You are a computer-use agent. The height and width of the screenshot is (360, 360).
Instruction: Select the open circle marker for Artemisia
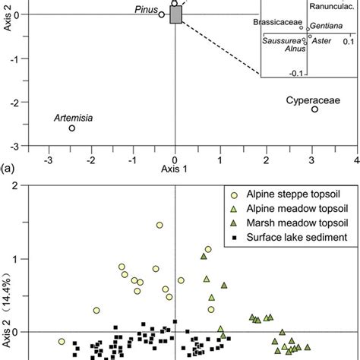(72, 128)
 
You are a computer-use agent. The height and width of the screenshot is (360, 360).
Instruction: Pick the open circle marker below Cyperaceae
(314, 109)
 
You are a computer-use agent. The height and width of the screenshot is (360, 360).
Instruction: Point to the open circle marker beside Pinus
(162, 14)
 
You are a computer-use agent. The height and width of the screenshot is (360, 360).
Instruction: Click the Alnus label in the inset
(295, 49)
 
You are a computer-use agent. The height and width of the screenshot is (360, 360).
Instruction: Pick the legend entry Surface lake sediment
(287, 237)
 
